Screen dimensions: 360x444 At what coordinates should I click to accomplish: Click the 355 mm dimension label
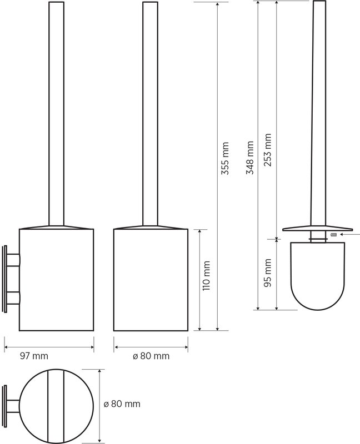click(x=225, y=158)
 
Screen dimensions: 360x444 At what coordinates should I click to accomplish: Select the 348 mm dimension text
click(x=250, y=158)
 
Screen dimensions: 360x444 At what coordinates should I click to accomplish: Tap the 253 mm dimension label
click(x=268, y=150)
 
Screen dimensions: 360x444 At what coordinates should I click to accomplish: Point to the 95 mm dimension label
click(x=268, y=273)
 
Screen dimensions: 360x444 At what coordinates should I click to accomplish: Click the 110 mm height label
click(x=206, y=276)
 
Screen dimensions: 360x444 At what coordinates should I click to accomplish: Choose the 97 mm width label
click(x=34, y=356)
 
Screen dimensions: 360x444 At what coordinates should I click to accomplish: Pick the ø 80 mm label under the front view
click(x=151, y=356)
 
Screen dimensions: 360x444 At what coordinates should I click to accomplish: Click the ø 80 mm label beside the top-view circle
click(x=122, y=404)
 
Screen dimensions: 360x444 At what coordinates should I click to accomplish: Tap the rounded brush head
click(x=317, y=276)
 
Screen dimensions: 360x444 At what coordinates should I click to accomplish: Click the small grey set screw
click(x=333, y=234)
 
